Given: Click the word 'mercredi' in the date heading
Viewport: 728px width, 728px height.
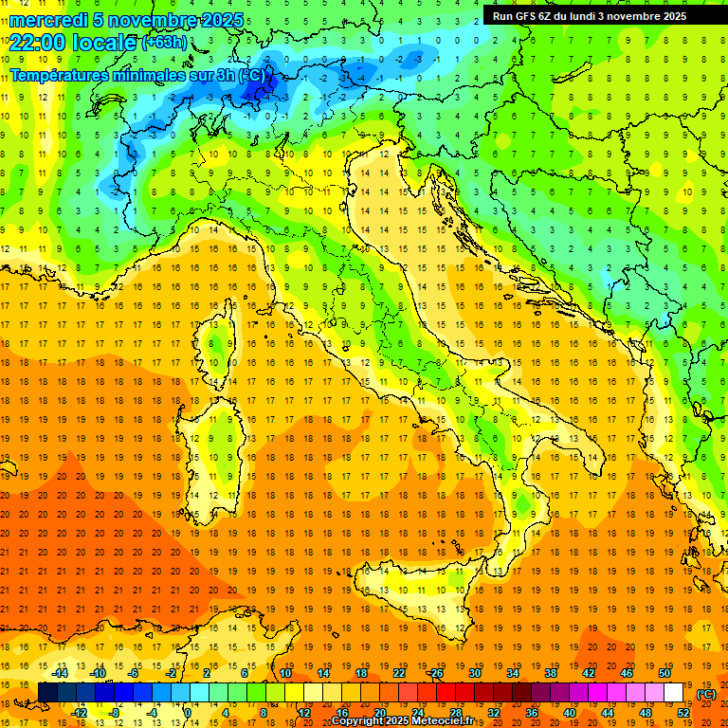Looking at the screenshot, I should [x=48, y=20].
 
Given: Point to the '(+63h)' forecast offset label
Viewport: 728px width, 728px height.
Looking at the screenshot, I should [x=165, y=43].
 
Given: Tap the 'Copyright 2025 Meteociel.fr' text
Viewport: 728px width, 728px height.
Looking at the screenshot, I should [x=409, y=721].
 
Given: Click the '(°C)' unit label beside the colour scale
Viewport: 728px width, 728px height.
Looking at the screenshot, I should [x=706, y=694].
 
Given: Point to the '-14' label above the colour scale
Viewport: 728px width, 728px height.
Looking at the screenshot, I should [x=60, y=673].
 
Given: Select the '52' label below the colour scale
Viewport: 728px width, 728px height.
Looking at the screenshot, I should [x=683, y=713].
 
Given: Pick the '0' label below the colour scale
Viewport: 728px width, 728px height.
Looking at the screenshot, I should [x=188, y=713].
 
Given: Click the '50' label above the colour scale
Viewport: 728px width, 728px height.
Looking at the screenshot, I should [x=664, y=673].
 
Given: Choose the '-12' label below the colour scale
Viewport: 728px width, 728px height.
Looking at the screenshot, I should [x=79, y=713].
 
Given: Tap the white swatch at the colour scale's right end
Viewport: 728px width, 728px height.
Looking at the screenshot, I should [x=674, y=693].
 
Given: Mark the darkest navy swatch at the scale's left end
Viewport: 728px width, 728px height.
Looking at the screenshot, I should [x=47, y=693].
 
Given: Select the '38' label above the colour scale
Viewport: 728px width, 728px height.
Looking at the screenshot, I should [x=550, y=673].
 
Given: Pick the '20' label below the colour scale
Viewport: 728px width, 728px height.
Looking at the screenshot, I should [x=379, y=713].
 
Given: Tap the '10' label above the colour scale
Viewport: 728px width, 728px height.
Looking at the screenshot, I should [x=284, y=673].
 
